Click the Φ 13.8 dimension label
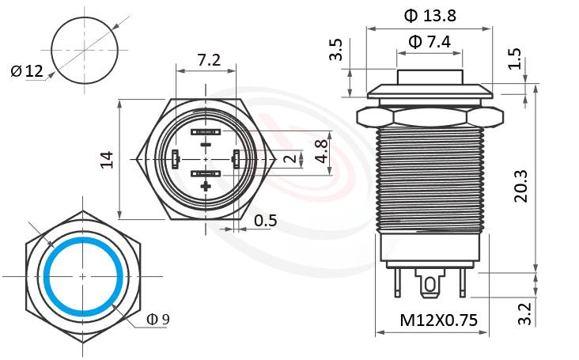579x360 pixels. tap(430, 16)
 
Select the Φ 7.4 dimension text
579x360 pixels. tap(430, 43)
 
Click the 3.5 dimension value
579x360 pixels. tap(336, 50)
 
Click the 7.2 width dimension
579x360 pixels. tap(208, 60)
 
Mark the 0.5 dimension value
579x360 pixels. tap(266, 221)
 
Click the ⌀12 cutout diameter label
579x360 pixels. tap(27, 72)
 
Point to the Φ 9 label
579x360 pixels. tap(158, 319)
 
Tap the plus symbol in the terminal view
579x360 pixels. tap(206, 187)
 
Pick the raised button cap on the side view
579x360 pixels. tap(430, 78)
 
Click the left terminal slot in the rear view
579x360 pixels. tap(174, 160)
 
